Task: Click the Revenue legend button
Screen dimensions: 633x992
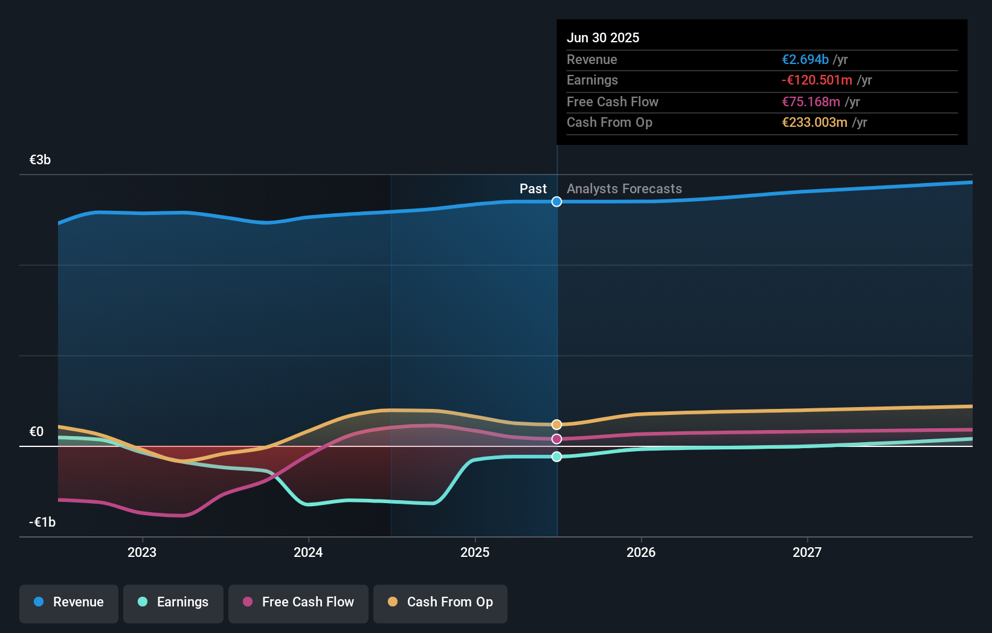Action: (x=69, y=602)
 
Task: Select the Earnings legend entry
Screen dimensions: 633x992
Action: (x=173, y=602)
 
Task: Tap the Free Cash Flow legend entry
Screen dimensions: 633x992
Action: (x=298, y=602)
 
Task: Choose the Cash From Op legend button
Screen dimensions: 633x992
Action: (x=440, y=602)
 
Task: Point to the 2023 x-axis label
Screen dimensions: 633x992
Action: (x=142, y=552)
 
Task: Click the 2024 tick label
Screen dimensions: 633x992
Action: (x=308, y=552)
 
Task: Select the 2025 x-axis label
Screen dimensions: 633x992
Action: (x=475, y=552)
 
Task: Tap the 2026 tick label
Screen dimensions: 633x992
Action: (x=641, y=552)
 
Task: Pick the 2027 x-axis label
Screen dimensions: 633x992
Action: (x=807, y=552)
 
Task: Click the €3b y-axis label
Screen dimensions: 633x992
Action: (x=40, y=160)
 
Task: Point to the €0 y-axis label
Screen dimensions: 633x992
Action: (x=36, y=431)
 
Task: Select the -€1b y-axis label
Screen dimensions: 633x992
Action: (x=42, y=522)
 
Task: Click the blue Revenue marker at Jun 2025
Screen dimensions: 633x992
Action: (x=557, y=202)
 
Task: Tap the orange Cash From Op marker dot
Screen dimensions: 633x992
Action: (x=557, y=425)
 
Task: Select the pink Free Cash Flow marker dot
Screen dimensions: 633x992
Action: (x=557, y=439)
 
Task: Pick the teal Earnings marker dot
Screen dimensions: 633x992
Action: (x=557, y=457)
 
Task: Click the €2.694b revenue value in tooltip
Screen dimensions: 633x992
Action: (x=805, y=60)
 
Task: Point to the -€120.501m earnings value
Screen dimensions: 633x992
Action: (x=817, y=80)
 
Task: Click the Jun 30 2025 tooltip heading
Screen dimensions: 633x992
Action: (x=603, y=37)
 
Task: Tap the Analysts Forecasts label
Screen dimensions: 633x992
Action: (x=624, y=189)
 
